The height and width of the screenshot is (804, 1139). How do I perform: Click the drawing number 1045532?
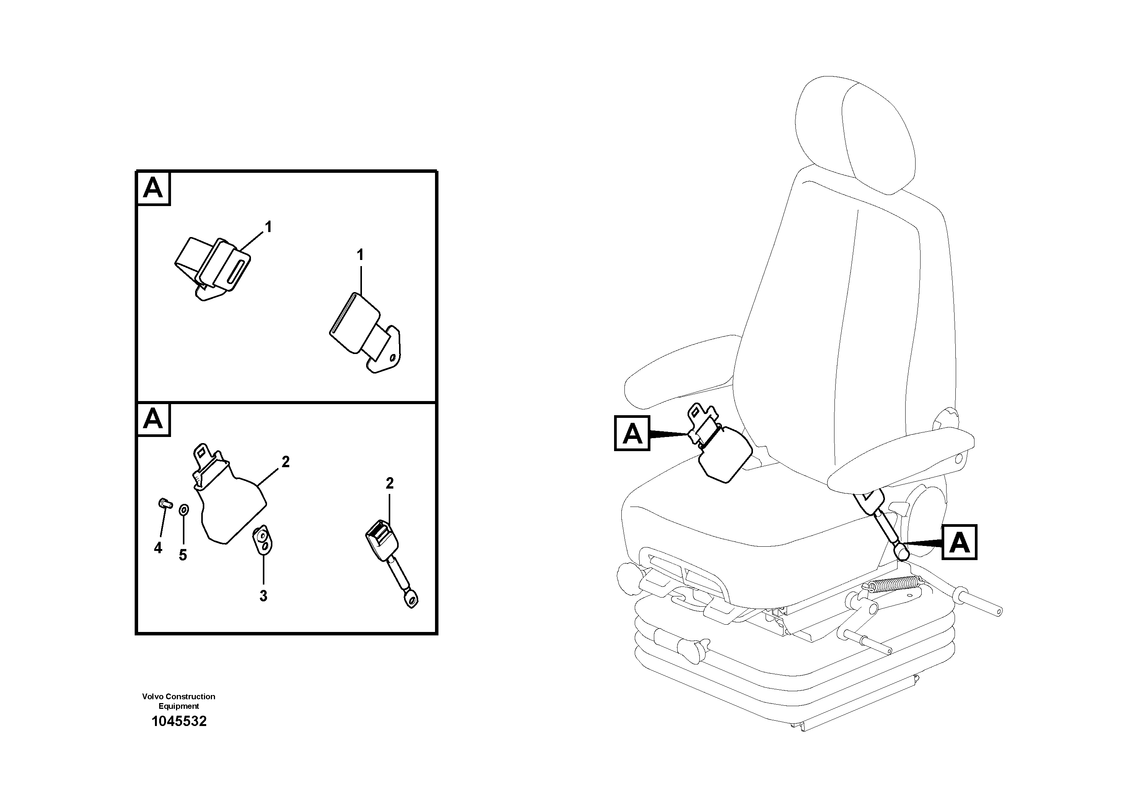point(179,721)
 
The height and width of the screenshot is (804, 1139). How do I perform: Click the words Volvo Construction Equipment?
point(179,701)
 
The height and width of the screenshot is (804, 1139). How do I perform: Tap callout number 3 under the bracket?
point(263,596)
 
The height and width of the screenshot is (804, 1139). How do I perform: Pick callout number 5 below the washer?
point(183,555)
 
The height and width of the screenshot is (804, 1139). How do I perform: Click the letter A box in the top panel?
point(153,189)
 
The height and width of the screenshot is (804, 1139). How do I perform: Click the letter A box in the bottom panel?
point(153,420)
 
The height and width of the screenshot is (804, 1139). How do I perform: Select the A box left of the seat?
point(632,434)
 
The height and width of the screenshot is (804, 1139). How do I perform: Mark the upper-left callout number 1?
point(268,227)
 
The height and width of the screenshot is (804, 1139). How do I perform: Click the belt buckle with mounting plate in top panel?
point(367,332)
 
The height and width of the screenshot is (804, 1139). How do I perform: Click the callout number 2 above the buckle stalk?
point(389,483)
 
